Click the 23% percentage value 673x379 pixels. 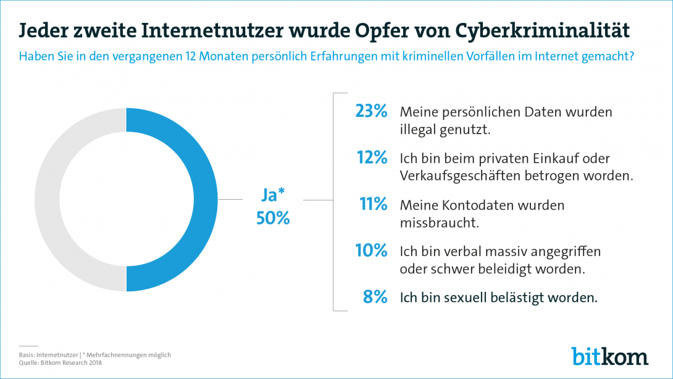tap(371, 111)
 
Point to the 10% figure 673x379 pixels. tap(371, 250)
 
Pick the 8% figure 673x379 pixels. tap(375, 297)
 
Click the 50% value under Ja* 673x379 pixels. tap(272, 218)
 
